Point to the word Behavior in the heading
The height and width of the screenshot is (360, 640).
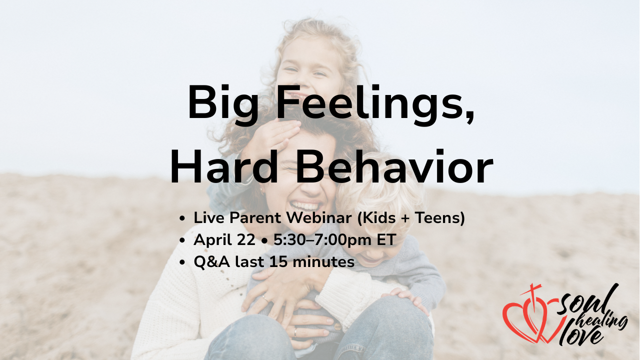click(x=394, y=166)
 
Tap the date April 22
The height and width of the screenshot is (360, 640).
click(x=224, y=240)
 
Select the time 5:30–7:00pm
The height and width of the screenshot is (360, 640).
click(x=323, y=239)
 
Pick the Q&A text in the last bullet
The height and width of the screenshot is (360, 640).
click(x=211, y=262)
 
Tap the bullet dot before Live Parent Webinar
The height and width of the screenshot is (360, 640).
click(x=182, y=218)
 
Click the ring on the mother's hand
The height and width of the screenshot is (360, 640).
click(x=264, y=298)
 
